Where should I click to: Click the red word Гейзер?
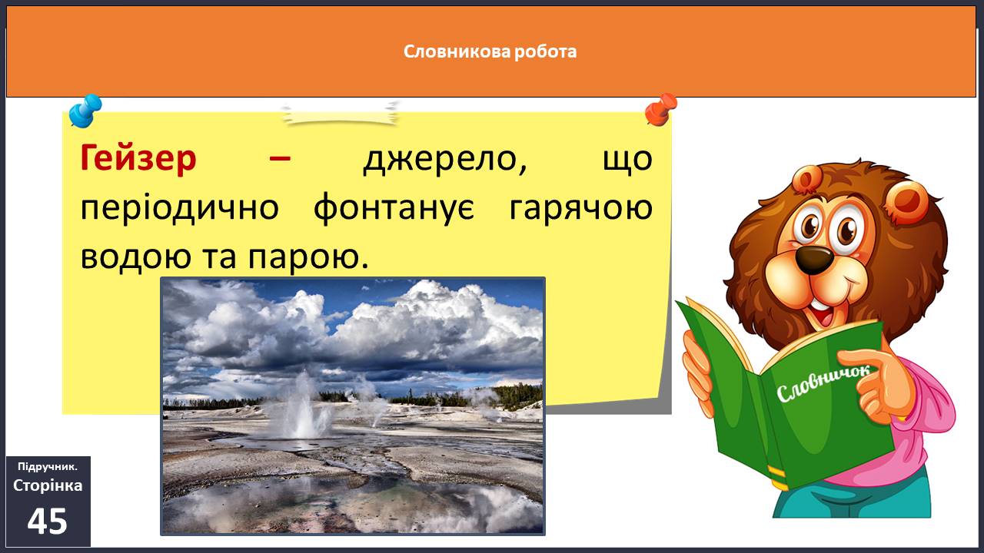(x=138, y=159)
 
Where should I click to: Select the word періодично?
(x=180, y=208)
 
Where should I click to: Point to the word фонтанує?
(x=394, y=208)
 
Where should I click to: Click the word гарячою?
(x=580, y=208)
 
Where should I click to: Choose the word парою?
(x=307, y=257)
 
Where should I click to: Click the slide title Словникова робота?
(x=490, y=51)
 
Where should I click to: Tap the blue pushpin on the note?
(x=85, y=111)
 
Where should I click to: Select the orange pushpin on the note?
(x=661, y=110)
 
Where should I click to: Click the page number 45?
(x=48, y=522)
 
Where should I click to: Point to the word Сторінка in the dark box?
(x=48, y=485)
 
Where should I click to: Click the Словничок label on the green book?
(x=823, y=382)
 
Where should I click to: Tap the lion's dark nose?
(x=815, y=259)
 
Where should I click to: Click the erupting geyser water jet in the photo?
(x=303, y=408)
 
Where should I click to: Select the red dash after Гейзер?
(x=280, y=158)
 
